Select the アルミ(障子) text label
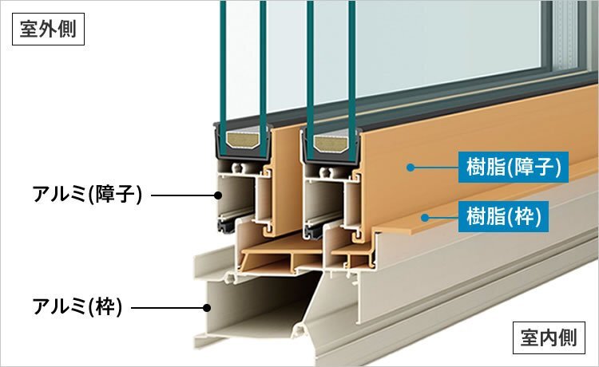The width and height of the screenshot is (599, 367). click(x=87, y=194)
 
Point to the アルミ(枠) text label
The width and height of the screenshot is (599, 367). click(x=77, y=306)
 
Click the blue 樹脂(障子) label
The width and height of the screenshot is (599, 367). click(x=514, y=168)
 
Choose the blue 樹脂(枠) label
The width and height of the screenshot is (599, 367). click(x=503, y=215)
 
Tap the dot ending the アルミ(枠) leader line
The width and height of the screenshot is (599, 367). click(x=207, y=306)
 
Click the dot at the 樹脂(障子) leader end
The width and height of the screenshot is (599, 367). click(x=409, y=168)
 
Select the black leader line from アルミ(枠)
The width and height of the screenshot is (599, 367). click(x=168, y=306)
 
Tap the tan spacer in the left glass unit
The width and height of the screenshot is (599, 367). click(x=243, y=144)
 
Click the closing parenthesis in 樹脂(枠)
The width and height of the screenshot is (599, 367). click(x=544, y=215)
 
